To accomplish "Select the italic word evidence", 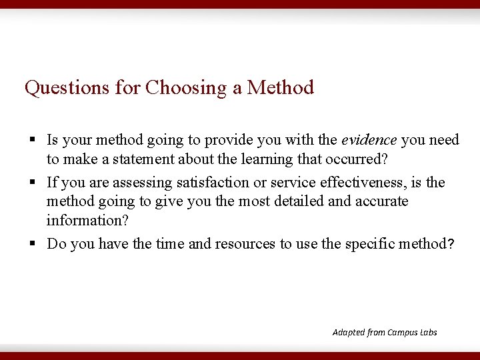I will (369, 140).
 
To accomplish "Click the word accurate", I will (381, 201).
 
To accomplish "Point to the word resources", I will (245, 244).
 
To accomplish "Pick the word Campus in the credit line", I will (401, 332).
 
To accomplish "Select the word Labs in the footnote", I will (428, 332).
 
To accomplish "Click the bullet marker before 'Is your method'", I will (32, 141).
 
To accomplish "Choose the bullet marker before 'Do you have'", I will (32, 245).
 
